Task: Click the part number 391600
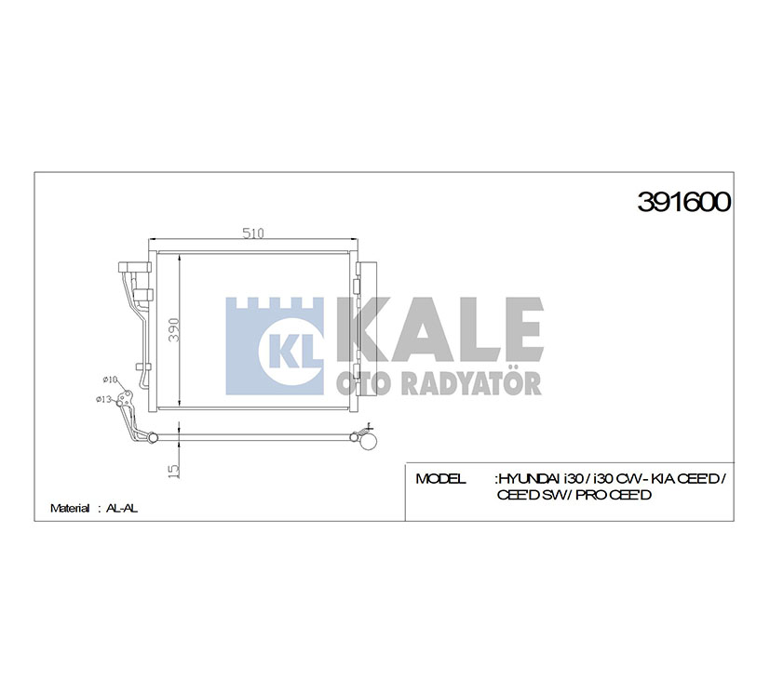pos(684,202)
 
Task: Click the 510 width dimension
pos(253,233)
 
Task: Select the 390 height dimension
pos(173,329)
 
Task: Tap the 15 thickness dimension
pos(174,471)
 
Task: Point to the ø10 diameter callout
pos(110,380)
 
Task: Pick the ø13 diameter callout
pos(103,399)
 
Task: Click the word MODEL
pos(440,479)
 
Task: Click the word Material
pos(70,508)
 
